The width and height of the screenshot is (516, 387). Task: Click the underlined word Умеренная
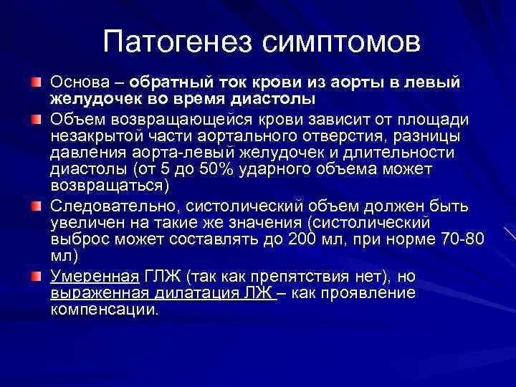point(93,276)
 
